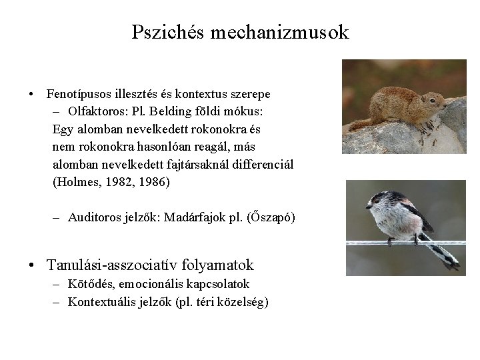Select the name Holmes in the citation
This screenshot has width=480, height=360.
coord(78,181)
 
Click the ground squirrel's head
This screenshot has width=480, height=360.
coord(434,102)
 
